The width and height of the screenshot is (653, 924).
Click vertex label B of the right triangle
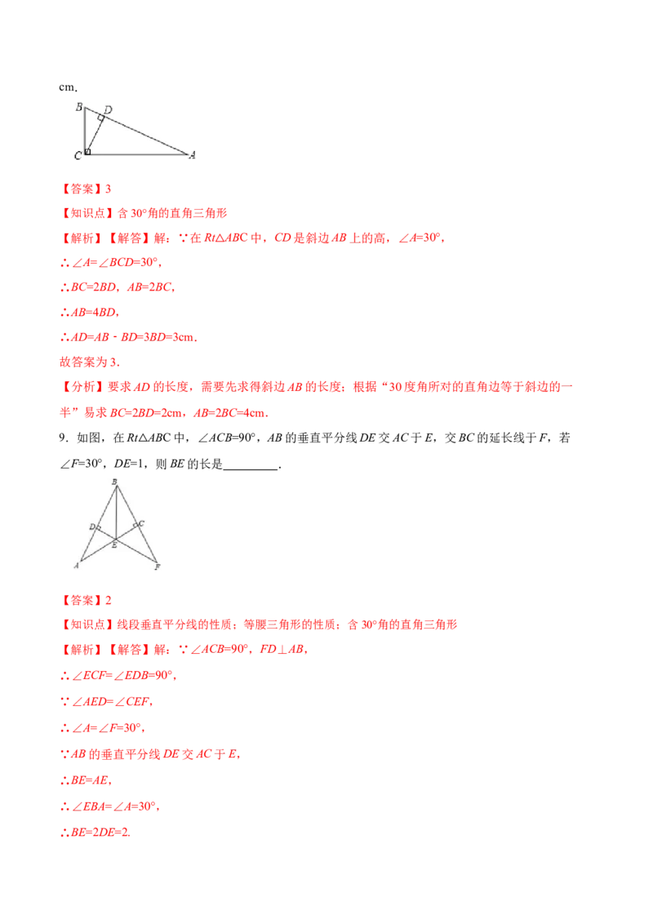[x=78, y=106]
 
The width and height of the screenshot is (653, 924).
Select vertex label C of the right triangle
[x=78, y=154]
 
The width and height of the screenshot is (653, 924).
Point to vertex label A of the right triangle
[x=192, y=154]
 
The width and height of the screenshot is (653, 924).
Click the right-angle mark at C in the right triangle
[x=87, y=150]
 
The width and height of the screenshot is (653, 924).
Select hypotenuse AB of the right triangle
[x=139, y=131]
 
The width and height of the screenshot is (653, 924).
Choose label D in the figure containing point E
[x=91, y=526]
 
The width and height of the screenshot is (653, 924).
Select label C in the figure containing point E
[x=141, y=523]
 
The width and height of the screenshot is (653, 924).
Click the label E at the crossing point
[x=114, y=544]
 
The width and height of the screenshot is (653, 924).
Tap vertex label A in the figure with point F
[x=77, y=565]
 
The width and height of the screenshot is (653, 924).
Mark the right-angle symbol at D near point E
[x=99, y=529]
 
